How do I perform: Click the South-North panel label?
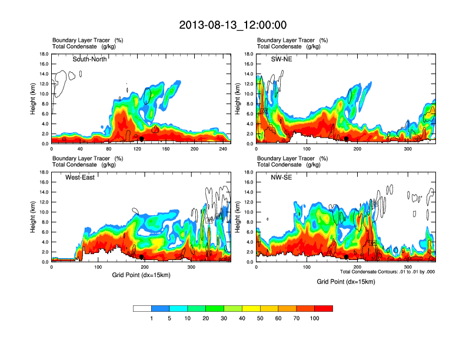(x=90, y=59)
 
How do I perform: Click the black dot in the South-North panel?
(x=142, y=139)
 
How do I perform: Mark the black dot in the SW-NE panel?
(x=347, y=139)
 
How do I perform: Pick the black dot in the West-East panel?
(x=142, y=257)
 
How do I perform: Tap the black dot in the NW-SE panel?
(x=347, y=257)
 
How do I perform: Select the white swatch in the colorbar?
(x=142, y=308)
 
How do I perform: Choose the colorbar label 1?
(x=151, y=318)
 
